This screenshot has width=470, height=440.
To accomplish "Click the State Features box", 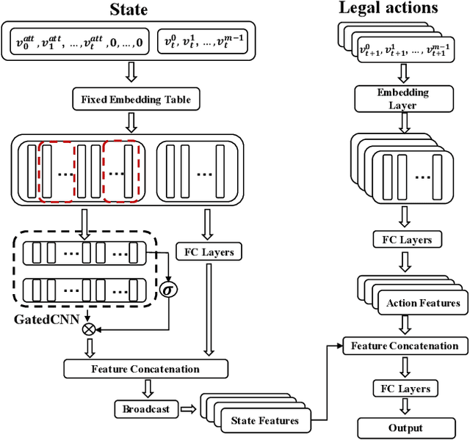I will click(x=264, y=420).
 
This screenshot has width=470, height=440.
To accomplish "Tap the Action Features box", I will click(x=422, y=303).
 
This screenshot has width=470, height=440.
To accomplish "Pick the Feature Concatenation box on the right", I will click(x=404, y=345).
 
